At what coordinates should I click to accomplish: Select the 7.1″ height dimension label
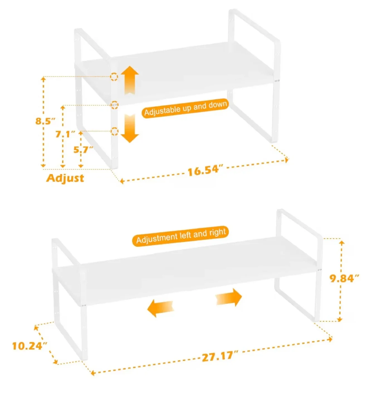point(65,134)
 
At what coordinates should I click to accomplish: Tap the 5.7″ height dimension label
point(83,150)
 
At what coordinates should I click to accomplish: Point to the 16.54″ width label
point(205,170)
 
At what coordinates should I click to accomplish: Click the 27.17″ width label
point(220,356)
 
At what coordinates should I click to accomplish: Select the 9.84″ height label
point(344,278)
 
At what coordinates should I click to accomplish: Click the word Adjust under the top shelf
point(65,178)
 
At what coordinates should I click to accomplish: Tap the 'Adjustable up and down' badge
point(185,108)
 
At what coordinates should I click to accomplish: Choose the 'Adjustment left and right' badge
point(180,236)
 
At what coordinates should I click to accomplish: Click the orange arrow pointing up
point(130,80)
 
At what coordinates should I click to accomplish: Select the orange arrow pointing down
point(130,128)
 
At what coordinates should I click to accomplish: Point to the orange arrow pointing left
point(160,309)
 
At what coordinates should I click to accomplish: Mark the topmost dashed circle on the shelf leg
point(114,77)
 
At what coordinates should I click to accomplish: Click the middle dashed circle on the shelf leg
point(114,105)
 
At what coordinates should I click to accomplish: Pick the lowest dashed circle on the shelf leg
point(114,131)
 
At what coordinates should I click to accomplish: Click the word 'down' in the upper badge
point(218,105)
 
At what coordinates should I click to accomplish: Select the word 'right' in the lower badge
point(218,232)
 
